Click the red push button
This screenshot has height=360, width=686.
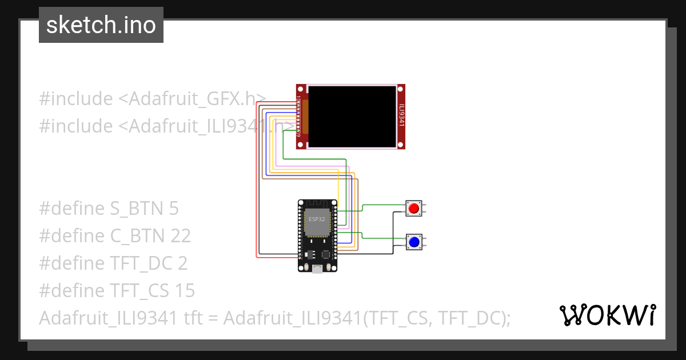coord(413,208)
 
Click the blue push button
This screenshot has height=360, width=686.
coord(413,242)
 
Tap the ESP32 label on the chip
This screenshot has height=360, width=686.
coord(317,219)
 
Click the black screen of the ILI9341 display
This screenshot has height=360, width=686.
coord(352,116)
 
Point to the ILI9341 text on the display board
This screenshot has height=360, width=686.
coord(401,115)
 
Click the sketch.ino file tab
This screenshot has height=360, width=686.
coord(101,26)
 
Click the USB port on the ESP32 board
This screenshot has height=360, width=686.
coord(317,269)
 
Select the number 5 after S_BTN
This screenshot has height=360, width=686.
coord(174,209)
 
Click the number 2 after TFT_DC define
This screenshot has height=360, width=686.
coord(182,263)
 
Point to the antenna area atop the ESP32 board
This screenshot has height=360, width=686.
coord(317,205)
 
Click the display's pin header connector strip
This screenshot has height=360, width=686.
coord(299,116)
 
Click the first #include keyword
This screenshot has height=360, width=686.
coord(75,99)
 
